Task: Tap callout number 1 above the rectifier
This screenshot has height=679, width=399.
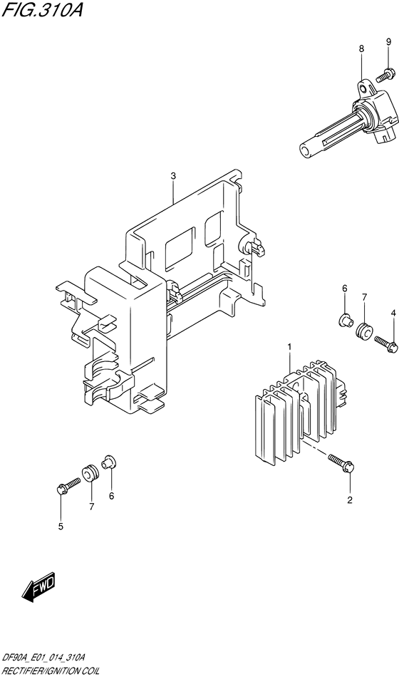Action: pyautogui.click(x=289, y=347)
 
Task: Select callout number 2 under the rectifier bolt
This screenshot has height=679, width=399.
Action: pyautogui.click(x=172, y=176)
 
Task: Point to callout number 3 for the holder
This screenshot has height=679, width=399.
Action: pyautogui.click(x=392, y=313)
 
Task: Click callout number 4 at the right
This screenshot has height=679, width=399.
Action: pyautogui.click(x=61, y=527)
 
